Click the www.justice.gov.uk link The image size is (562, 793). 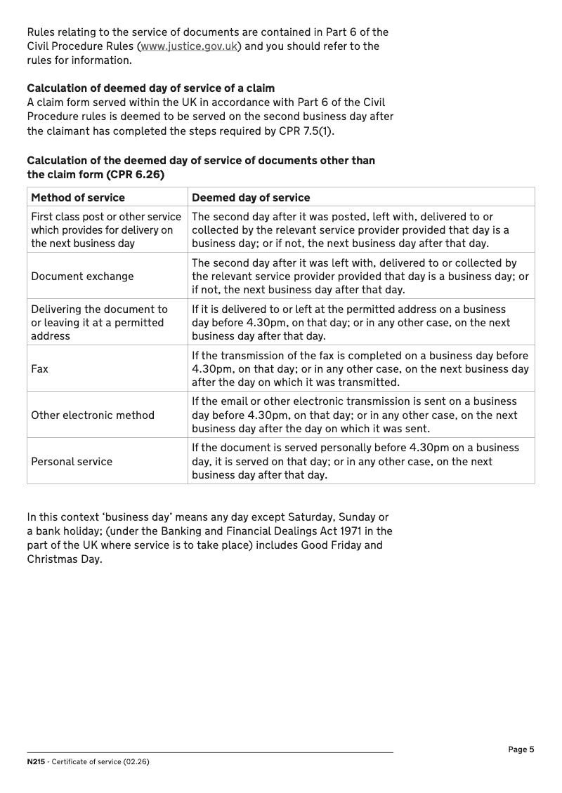(x=189, y=46)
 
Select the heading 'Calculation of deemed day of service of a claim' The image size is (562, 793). (x=150, y=88)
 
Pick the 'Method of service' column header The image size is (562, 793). (x=78, y=198)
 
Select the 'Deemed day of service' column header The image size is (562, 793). (x=251, y=198)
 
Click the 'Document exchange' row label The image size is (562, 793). (x=82, y=276)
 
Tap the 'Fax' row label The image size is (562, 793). (x=40, y=368)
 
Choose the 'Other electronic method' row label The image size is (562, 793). (x=93, y=415)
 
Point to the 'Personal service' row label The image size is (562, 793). (x=72, y=461)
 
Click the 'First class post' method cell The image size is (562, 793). (x=106, y=229)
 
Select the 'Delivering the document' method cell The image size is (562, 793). (x=99, y=322)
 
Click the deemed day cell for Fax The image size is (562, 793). (x=360, y=368)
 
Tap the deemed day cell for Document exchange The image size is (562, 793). (x=360, y=276)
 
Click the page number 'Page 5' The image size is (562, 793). (x=521, y=749)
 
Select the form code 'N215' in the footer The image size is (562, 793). (x=35, y=762)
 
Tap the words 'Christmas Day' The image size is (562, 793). (x=65, y=559)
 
